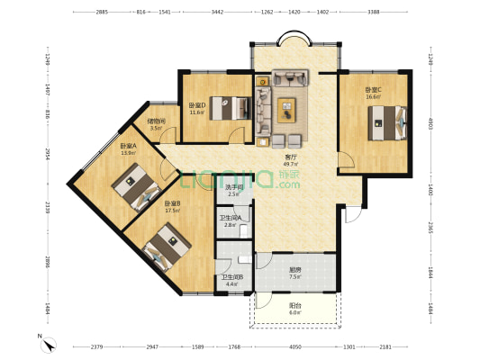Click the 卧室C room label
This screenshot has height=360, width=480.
[x=373, y=89]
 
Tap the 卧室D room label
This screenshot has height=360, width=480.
[x=197, y=105]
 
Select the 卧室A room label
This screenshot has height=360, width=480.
[x=128, y=146]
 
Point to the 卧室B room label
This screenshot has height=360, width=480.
[x=172, y=203]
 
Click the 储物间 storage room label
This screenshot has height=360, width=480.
[x=156, y=121]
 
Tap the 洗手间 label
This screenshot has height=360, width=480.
[x=234, y=187]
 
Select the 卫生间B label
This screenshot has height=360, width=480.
[x=232, y=277]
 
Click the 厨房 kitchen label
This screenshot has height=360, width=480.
[x=294, y=269]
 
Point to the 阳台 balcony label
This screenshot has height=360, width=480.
[x=294, y=306]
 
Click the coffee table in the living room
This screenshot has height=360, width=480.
[x=287, y=108]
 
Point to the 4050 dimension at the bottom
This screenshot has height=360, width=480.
[x=294, y=346]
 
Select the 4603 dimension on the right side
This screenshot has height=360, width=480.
[x=430, y=122]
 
